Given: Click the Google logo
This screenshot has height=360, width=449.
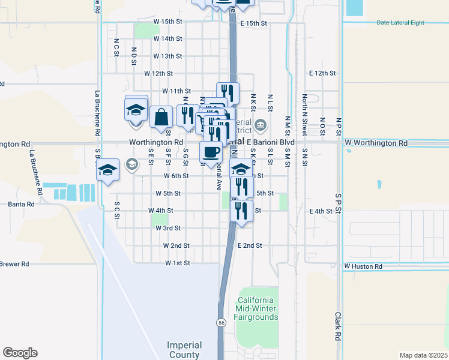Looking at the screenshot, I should [x=20, y=353].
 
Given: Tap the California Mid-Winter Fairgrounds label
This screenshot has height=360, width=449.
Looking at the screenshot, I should [x=257, y=308].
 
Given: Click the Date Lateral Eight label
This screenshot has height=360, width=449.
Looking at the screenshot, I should [x=400, y=23].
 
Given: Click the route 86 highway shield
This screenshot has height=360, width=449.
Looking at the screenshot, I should [x=221, y=323].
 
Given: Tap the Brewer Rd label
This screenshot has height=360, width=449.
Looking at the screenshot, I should [x=14, y=264].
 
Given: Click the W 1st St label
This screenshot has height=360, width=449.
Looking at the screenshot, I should [x=178, y=263].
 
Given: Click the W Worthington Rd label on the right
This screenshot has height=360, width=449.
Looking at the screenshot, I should [x=376, y=143].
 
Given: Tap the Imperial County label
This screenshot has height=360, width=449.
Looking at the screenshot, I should [x=184, y=350].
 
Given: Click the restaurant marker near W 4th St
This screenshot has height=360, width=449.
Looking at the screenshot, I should [x=241, y=210].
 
